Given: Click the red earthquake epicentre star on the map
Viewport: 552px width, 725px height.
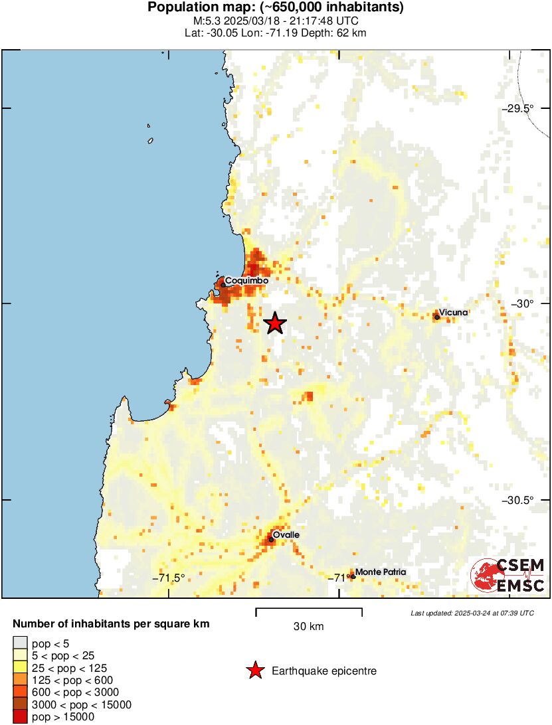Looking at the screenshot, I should [x=275, y=323].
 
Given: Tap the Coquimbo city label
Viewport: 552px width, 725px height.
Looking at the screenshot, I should [x=246, y=281].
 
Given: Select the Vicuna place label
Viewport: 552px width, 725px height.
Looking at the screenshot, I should [x=454, y=312].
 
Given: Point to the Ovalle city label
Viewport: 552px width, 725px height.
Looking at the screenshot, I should [x=286, y=535].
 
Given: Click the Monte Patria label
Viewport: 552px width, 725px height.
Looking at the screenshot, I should [x=380, y=572].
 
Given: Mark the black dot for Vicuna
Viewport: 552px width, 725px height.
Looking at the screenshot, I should [x=437, y=317].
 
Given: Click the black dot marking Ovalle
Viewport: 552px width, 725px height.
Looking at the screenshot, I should [x=272, y=539].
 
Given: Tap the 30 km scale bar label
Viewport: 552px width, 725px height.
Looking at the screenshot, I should [x=309, y=626].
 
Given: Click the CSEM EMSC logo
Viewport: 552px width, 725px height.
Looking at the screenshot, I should [x=508, y=575].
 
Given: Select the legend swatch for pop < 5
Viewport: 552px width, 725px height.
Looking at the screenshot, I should [x=21, y=643].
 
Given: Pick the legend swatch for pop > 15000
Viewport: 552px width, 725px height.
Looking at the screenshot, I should [x=21, y=717].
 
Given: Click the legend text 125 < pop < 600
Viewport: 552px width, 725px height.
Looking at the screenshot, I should [x=72, y=680].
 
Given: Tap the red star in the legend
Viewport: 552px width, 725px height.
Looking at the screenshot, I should [x=254, y=671].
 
